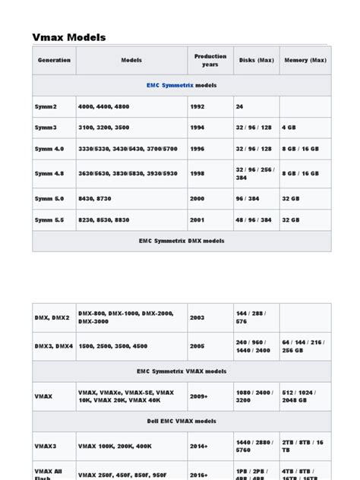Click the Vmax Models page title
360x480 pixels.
pos(69,37)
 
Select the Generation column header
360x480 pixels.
pos(54,60)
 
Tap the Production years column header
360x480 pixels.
pos(210,60)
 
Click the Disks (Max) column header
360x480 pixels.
pos(256,60)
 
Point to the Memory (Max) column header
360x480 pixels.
pos(305,60)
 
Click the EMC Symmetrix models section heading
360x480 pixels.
pos(182,85)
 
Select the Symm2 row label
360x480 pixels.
pos(46,106)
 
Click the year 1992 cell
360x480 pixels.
pos(198,106)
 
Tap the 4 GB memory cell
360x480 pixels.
pos(289,128)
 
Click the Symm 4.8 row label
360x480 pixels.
pos(50,173)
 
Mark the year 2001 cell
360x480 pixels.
pos(198,219)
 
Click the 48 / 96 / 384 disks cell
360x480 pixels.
pos(254,219)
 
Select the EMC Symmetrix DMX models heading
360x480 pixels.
pos(182,241)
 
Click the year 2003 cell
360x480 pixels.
pos(198,317)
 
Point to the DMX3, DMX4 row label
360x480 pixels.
pos(54,346)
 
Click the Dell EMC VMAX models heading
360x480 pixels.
pos(182,420)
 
